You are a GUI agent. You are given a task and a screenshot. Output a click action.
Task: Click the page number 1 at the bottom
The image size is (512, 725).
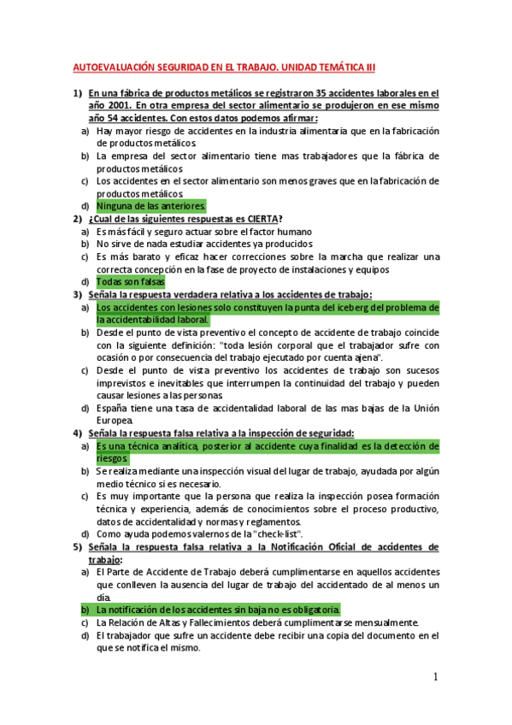click(435, 678)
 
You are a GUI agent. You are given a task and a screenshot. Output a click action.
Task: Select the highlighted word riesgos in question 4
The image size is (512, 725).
click(111, 458)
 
